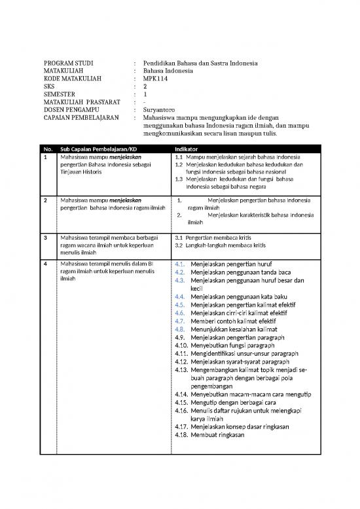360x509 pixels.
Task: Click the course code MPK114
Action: click(156, 77)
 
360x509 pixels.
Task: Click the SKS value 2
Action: click(145, 86)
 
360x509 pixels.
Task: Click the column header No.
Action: click(48, 149)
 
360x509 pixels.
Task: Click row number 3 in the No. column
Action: click(46, 237)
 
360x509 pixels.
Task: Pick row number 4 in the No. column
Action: click(46, 265)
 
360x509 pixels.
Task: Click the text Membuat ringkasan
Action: click(218, 434)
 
